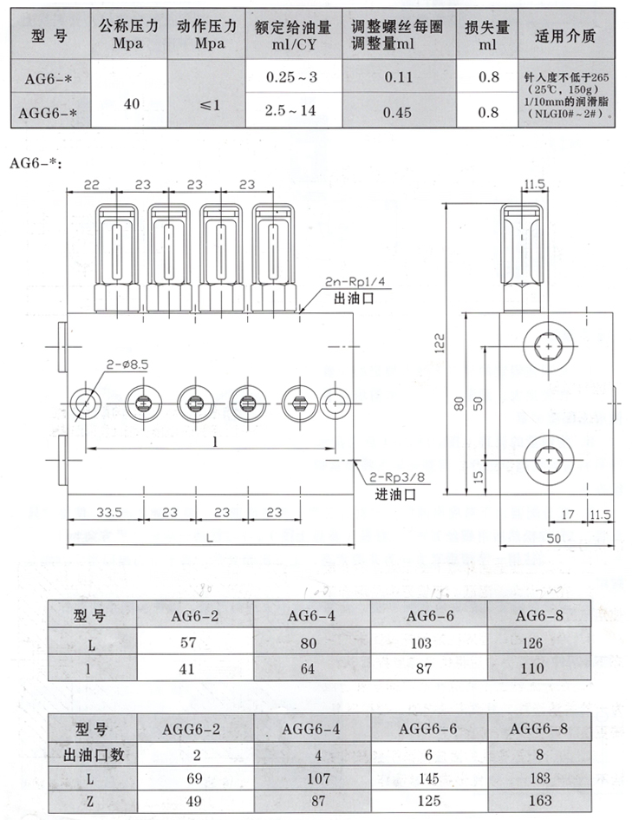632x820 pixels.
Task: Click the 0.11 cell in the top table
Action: point(397,77)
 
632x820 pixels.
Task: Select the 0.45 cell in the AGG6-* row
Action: point(397,111)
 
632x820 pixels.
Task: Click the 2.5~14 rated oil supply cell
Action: point(291,111)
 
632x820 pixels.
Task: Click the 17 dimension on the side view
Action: point(568,515)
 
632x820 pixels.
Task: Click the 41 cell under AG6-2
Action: point(187,668)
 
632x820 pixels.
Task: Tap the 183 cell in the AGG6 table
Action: point(538,779)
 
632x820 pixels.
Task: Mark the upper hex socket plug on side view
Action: point(549,347)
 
